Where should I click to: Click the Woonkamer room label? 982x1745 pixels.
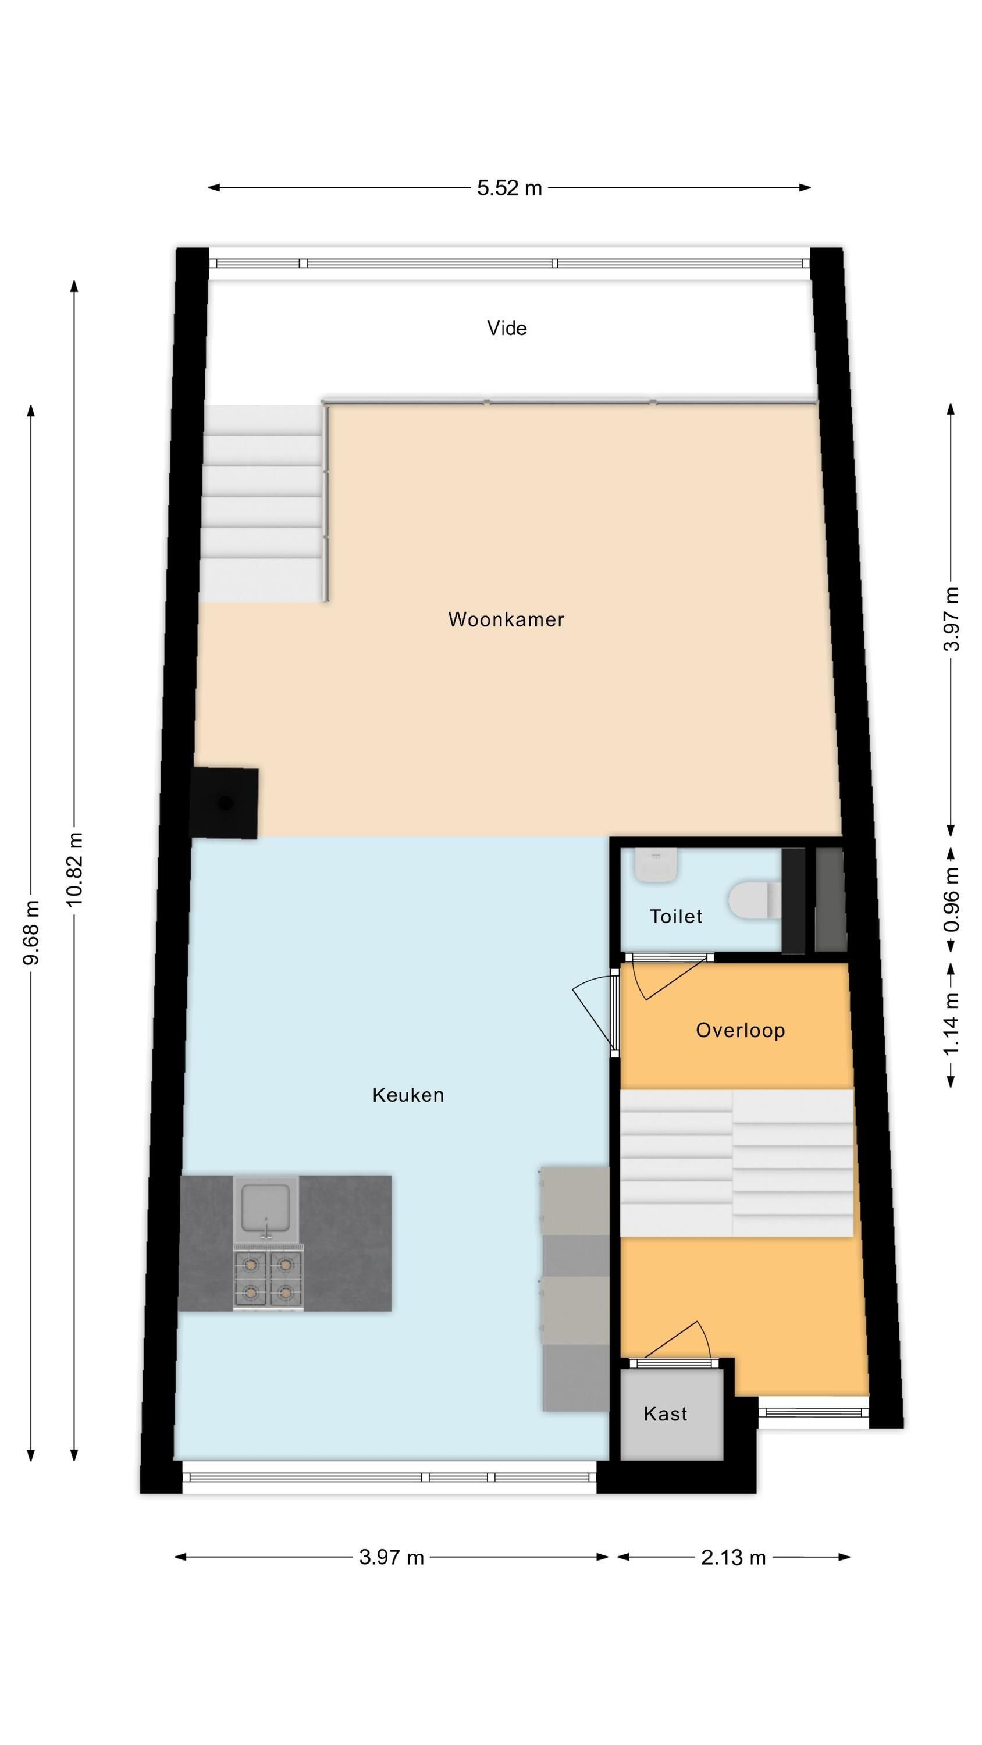[x=506, y=619]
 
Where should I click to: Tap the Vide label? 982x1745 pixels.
[x=507, y=328]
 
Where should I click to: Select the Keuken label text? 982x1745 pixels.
[x=408, y=1095]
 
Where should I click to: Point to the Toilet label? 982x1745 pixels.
[x=675, y=917]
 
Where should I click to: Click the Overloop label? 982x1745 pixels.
[x=740, y=1030]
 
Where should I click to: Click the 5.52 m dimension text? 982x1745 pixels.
[x=510, y=188]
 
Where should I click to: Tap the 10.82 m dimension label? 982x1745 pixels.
[x=74, y=869]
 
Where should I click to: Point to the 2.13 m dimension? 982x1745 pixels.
[x=733, y=1557]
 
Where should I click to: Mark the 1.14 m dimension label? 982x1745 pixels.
[x=952, y=1024]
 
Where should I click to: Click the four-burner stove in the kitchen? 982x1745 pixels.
[x=268, y=1277]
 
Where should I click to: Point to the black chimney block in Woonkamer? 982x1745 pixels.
[x=225, y=803]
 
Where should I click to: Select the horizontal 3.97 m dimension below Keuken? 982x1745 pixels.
[x=392, y=1557]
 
